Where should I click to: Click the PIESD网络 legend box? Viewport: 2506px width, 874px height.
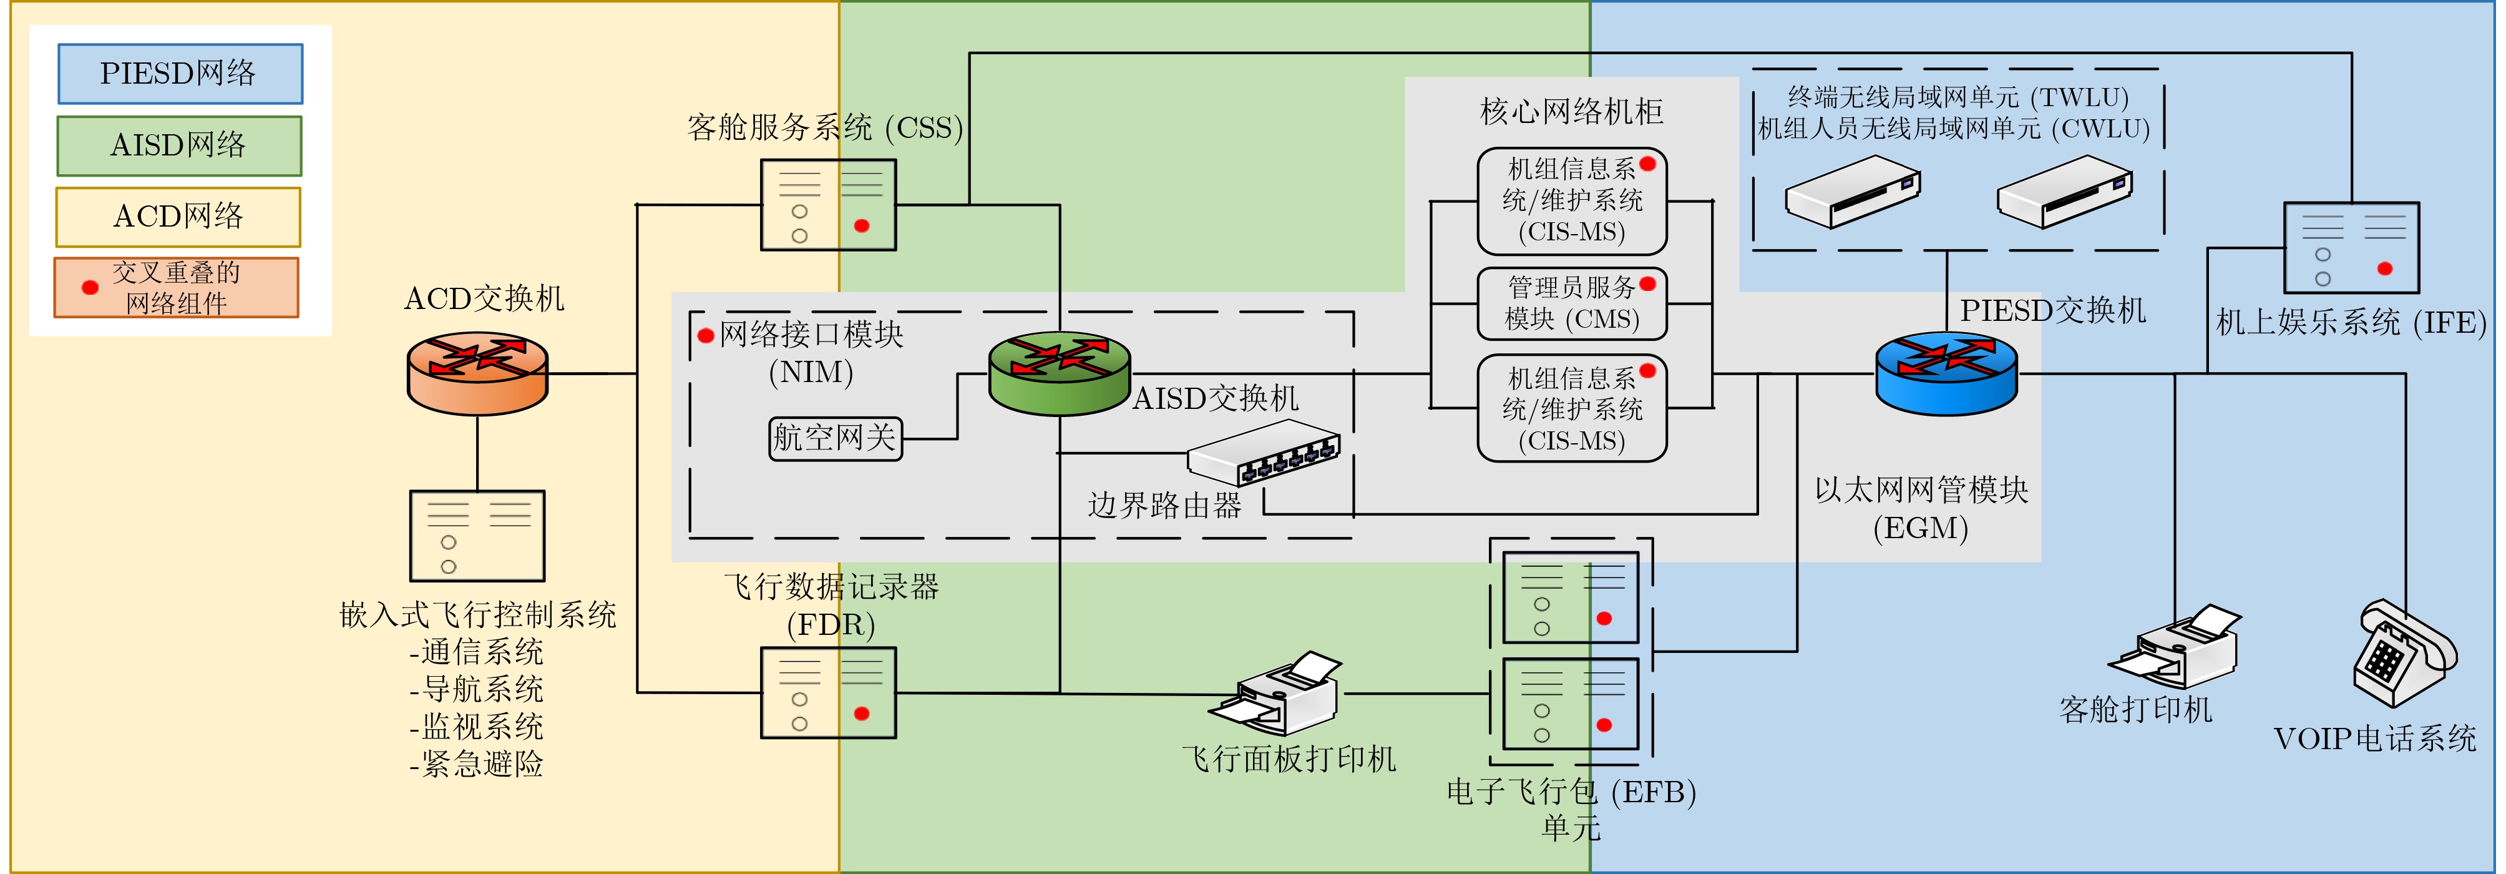[180, 74]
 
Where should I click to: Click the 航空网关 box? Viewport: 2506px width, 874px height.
[835, 438]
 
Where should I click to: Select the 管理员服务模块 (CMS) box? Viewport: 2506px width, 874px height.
[1571, 303]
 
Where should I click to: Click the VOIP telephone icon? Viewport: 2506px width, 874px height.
[2403, 652]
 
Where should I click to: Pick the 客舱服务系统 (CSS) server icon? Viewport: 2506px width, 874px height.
[828, 204]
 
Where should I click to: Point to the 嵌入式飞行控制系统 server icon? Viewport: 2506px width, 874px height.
[477, 535]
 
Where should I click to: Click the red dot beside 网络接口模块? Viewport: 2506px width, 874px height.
[706, 336]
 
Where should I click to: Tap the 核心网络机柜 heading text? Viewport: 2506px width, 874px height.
[1571, 112]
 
